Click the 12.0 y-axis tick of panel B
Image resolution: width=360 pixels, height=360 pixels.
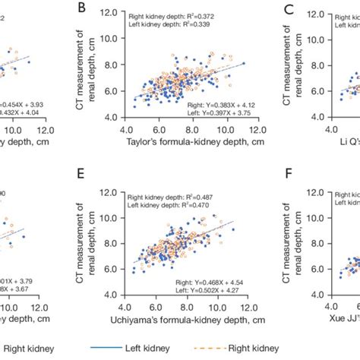[115, 14]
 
